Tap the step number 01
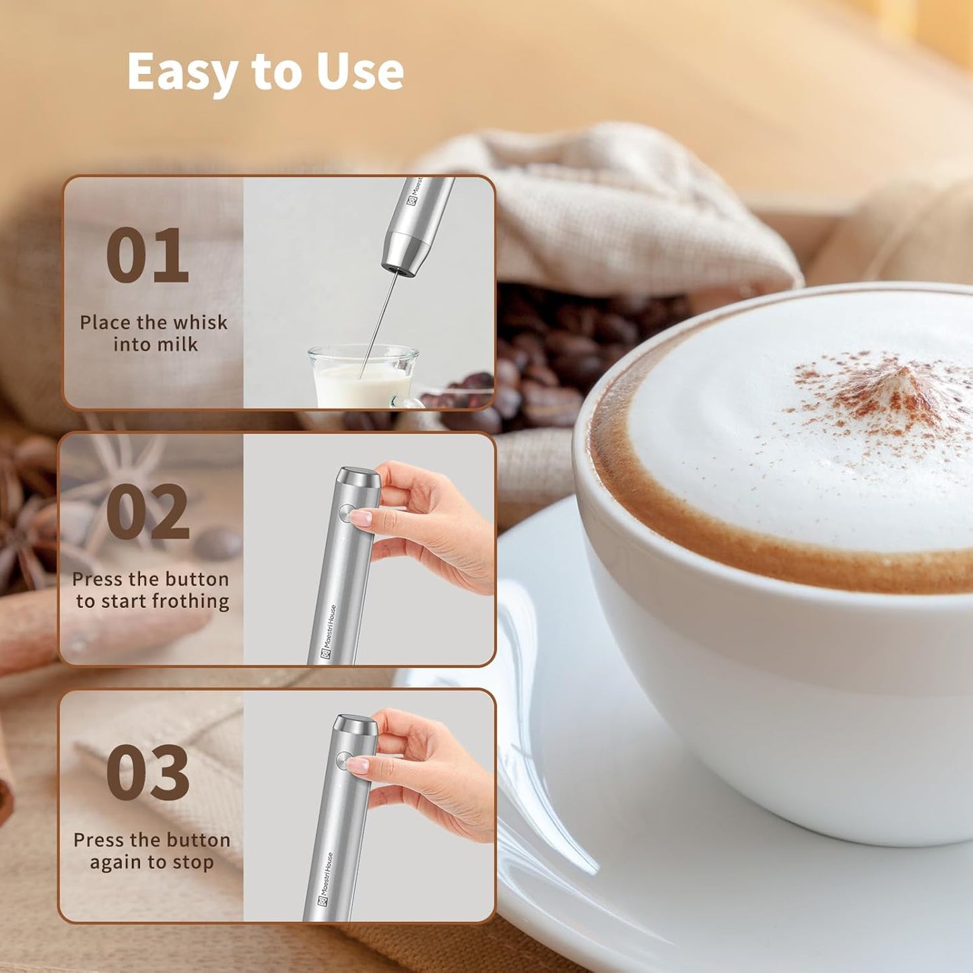click(147, 256)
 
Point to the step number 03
click(147, 772)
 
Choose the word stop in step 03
click(193, 862)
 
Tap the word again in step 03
click(116, 863)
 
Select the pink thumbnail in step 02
click(362, 517)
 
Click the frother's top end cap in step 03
click(357, 725)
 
